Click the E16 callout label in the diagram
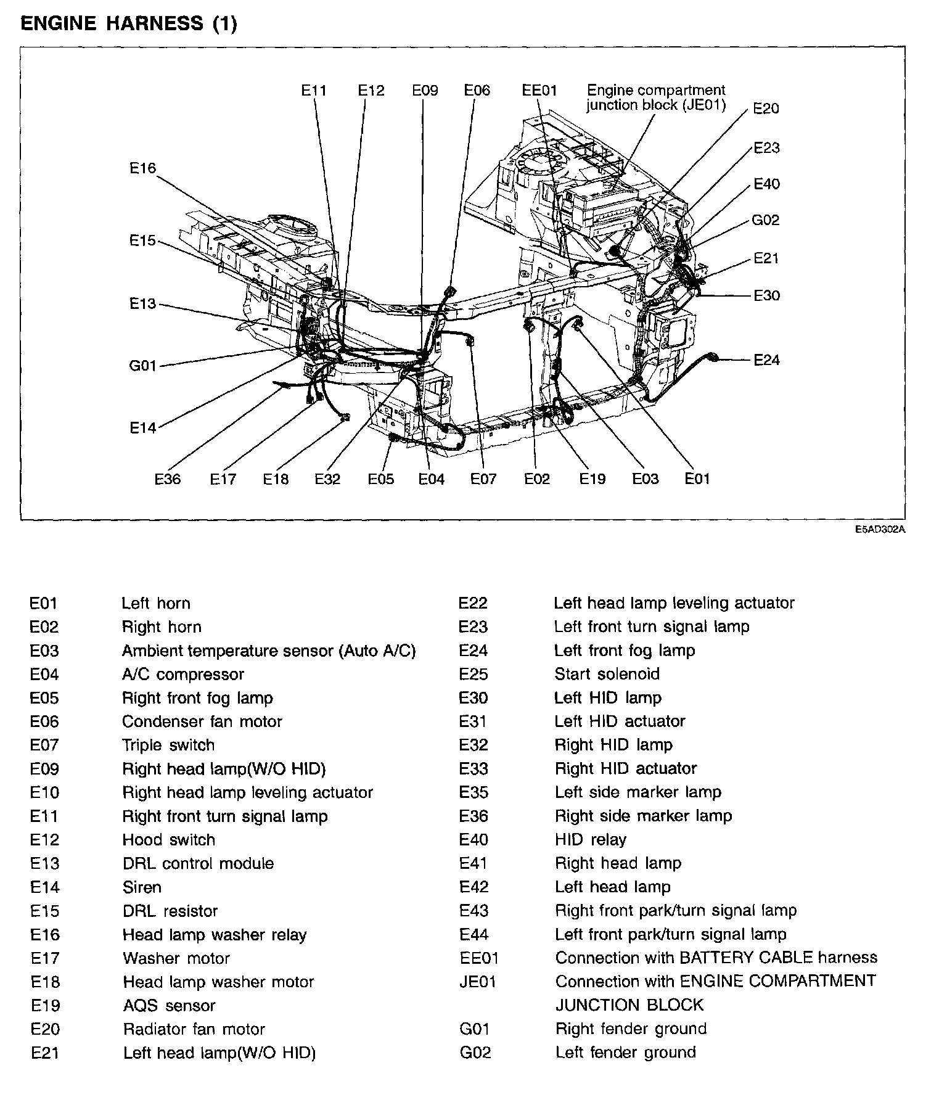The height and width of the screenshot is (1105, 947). coord(143,168)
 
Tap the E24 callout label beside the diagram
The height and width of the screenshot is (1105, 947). coord(766,359)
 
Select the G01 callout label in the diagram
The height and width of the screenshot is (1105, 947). coord(143,366)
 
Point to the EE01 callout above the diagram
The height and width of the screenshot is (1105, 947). coord(539,91)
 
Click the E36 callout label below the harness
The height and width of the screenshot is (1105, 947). coord(168,479)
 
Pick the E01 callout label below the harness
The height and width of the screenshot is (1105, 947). coord(697,479)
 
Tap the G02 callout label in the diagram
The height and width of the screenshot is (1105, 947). coord(766,220)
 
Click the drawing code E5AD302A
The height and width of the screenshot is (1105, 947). coord(879,529)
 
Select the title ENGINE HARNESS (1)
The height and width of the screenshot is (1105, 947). coord(129,24)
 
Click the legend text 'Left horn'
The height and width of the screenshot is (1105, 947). coord(156,603)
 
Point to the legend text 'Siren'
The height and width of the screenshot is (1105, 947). coord(142,887)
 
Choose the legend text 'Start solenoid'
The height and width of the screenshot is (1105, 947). coord(607,674)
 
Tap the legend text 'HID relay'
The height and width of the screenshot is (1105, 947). coord(591,840)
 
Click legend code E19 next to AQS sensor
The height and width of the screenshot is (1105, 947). coord(45,1006)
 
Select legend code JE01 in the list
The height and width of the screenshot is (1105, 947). coord(478,982)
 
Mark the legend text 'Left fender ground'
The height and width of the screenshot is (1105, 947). coord(625,1053)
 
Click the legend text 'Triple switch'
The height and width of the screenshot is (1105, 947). coord(168,745)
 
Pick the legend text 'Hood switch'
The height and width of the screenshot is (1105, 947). coord(169,840)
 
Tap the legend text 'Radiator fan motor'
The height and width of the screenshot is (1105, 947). coord(194,1029)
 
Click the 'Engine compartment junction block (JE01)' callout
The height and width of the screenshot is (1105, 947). coord(656,97)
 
